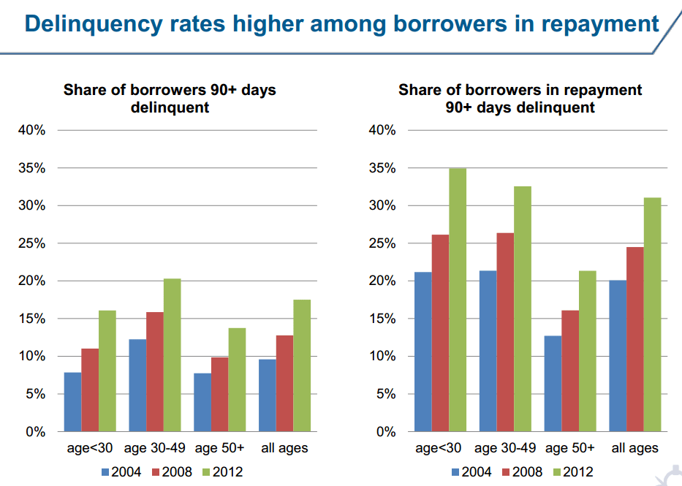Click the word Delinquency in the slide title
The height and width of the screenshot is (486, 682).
tap(92, 24)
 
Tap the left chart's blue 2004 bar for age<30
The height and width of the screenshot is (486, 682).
tap(72, 402)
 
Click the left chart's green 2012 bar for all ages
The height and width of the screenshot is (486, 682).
tap(301, 365)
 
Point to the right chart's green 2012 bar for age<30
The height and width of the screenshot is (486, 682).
tap(458, 300)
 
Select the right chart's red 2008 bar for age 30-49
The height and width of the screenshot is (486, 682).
tap(505, 332)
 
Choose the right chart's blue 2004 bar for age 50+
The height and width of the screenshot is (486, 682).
tap(553, 384)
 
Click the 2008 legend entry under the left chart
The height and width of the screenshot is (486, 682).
tap(172, 472)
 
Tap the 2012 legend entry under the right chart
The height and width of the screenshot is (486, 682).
tap(570, 472)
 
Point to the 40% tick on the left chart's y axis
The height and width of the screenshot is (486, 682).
tap(32, 131)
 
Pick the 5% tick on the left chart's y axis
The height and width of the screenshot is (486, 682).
tap(35, 394)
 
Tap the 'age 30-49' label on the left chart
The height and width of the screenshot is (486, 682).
tap(154, 448)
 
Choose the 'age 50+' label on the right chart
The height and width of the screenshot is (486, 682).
tap(570, 448)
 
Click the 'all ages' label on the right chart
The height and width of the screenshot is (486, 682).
tap(634, 448)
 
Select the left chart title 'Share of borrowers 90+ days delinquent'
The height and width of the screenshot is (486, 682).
tap(170, 99)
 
